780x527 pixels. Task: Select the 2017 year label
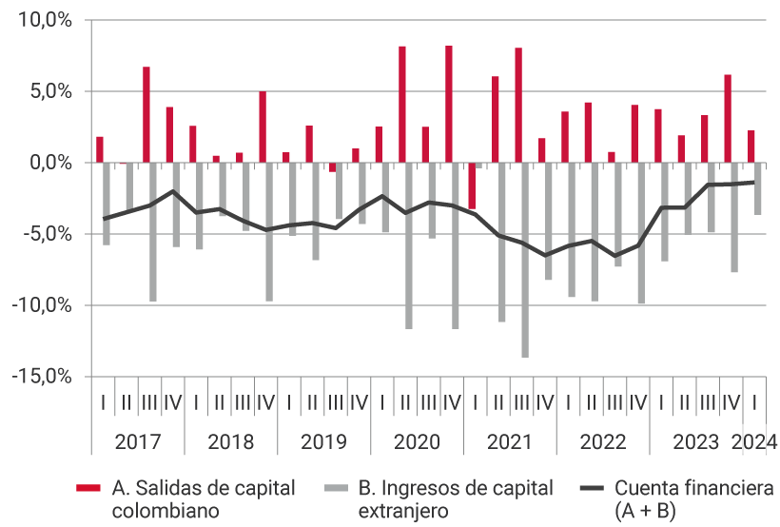point(137,442)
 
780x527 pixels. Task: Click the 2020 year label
point(417,442)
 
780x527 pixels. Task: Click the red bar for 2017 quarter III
point(146,114)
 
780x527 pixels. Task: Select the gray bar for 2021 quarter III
point(525,260)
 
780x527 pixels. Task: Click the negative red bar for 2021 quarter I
point(472,185)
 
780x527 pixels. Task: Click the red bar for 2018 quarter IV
point(263,127)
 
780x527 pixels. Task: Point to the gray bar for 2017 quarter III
point(153,232)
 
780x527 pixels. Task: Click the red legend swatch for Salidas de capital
point(88,489)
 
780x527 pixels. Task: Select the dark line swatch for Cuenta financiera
point(593,489)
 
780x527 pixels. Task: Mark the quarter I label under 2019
point(289,401)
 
